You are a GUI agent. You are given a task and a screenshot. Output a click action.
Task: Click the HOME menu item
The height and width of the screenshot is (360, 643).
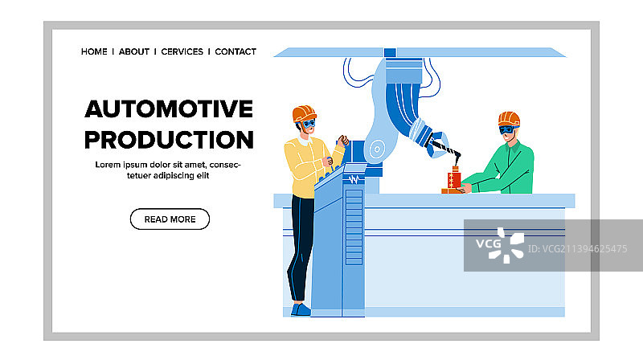[94, 51]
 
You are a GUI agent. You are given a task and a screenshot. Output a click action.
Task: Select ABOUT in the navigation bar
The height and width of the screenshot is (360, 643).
[134, 51]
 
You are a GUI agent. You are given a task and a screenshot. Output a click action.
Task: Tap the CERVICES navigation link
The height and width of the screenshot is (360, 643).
[182, 51]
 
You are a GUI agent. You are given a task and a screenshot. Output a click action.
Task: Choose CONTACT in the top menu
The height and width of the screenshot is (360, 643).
[235, 51]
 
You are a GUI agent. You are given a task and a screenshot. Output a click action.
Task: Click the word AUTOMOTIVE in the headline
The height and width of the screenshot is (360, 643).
[169, 108]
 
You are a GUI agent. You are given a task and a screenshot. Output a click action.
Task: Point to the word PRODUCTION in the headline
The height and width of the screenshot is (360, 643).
[169, 140]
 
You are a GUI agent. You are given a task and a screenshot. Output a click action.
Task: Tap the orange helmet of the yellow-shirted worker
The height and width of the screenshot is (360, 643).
[304, 113]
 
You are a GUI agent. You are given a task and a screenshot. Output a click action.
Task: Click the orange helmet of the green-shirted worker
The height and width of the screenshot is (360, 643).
[509, 119]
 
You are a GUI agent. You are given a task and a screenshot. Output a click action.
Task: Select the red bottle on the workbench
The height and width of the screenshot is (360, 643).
[454, 178]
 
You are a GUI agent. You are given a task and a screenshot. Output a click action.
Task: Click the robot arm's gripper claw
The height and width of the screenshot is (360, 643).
[437, 145]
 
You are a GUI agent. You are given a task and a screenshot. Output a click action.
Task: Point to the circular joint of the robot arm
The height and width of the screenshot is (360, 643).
[377, 149]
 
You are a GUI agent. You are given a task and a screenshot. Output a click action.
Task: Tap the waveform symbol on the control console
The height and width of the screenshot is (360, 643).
[354, 179]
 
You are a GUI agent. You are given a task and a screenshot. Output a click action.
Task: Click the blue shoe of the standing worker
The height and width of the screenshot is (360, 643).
[301, 309]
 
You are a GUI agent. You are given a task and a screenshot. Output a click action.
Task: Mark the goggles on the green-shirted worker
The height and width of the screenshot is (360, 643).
[507, 130]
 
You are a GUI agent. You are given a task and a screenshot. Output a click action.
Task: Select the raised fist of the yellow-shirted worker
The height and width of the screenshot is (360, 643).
[343, 141]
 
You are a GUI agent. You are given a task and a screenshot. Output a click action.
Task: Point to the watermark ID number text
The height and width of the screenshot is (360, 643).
[577, 249]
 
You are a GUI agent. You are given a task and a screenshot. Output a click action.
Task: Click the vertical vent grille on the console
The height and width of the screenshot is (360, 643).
[354, 227]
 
